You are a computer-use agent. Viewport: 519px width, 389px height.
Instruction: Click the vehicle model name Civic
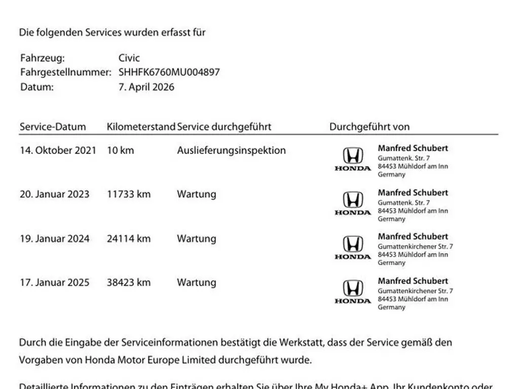point(129,58)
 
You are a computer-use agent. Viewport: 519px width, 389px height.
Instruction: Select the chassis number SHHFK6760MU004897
point(169,72)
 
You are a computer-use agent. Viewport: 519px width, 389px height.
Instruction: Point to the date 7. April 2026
point(146,87)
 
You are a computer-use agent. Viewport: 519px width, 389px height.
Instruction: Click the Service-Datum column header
point(53,127)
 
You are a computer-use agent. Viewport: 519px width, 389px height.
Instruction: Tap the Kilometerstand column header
point(141,127)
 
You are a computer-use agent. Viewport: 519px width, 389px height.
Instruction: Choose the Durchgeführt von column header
point(369,127)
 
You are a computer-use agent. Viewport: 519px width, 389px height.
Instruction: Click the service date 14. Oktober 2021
point(58,150)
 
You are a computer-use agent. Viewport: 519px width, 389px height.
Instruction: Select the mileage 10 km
point(121,150)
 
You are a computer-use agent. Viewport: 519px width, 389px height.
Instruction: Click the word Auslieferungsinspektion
point(231,150)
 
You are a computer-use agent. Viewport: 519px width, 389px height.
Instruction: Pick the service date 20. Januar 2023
point(54,194)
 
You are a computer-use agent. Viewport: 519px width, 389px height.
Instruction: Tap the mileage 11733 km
point(129,194)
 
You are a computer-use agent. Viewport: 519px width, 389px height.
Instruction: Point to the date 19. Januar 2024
point(54,239)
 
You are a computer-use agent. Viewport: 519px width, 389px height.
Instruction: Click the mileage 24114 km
point(129,239)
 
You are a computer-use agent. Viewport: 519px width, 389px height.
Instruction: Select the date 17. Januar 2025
point(54,283)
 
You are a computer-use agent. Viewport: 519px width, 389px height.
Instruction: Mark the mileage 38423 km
point(129,283)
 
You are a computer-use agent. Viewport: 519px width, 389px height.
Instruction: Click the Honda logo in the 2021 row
point(353,159)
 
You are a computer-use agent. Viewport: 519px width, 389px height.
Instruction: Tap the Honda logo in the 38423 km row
point(353,292)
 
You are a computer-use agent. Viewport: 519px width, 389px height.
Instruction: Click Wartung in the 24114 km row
point(196,239)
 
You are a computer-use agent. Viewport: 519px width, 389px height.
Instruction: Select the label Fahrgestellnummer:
point(65,72)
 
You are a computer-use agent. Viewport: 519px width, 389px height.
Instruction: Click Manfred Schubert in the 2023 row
point(413,192)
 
